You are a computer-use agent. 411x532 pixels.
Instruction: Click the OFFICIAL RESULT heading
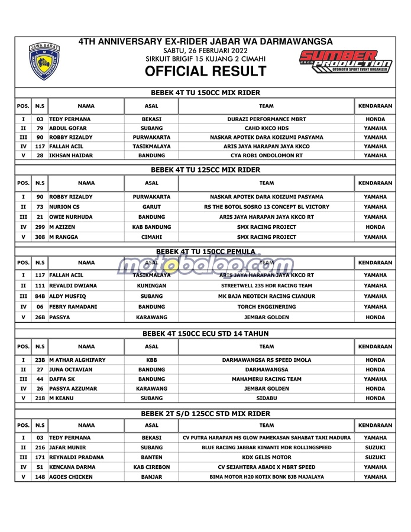coord(205,72)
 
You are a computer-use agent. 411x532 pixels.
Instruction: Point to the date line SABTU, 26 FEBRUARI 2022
coord(205,51)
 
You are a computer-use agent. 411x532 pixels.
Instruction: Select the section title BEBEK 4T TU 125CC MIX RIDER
coord(205,170)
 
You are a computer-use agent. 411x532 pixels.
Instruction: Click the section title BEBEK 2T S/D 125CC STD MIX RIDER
coord(205,414)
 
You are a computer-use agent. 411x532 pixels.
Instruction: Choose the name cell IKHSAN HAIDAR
coord(71,155)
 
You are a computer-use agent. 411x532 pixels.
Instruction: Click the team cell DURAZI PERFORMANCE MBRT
coord(267,119)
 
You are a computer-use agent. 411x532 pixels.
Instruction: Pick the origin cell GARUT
coord(151,207)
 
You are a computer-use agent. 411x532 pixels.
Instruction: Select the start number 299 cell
coord(40,227)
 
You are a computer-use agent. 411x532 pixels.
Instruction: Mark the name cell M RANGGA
coord(63,237)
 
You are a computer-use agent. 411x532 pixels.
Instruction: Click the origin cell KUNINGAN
coord(151,286)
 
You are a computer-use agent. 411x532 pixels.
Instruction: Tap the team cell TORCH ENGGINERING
coord(267,307)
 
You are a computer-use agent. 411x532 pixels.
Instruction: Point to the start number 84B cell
coord(40,296)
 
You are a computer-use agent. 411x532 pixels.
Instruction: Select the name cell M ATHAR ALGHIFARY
coord(77,360)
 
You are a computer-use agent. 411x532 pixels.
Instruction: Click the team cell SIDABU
coord(267,398)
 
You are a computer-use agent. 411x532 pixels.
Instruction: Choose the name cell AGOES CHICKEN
coord(71,477)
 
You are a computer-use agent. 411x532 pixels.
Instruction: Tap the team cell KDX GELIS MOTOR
coord(267,457)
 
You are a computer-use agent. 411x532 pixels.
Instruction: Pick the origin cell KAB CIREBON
coord(151,467)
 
